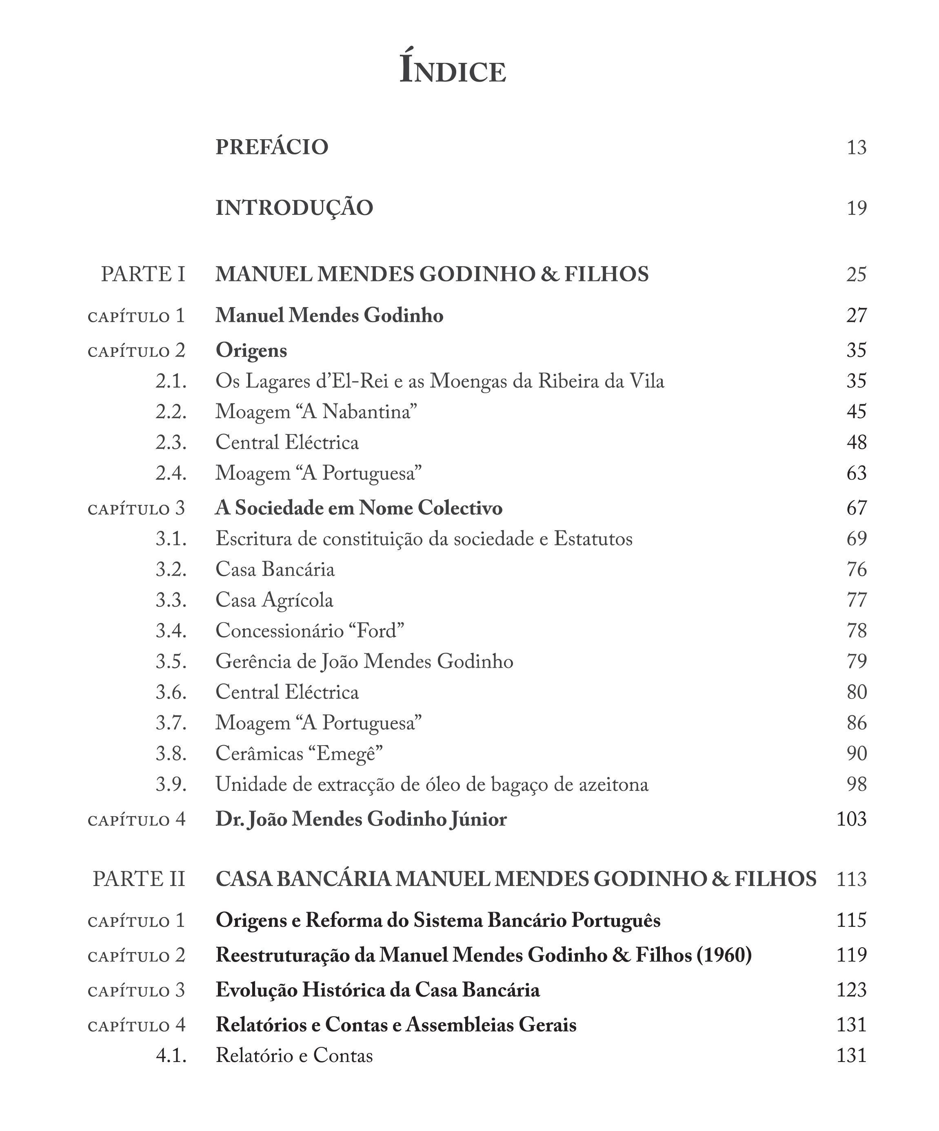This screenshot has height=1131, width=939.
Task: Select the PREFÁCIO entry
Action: click(271, 147)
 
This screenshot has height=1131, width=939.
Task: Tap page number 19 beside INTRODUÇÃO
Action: click(856, 208)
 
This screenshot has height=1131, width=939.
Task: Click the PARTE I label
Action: click(143, 275)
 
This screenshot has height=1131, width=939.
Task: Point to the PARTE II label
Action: click(138, 879)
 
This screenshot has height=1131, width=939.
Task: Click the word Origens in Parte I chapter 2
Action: click(251, 351)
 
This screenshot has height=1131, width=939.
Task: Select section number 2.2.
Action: click(171, 412)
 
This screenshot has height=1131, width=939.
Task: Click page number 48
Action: click(856, 443)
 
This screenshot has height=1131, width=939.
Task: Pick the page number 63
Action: click(856, 473)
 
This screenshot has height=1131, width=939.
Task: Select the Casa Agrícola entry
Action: click(274, 600)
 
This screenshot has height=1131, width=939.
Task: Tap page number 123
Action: click(851, 990)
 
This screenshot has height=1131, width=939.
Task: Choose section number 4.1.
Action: click(171, 1055)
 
